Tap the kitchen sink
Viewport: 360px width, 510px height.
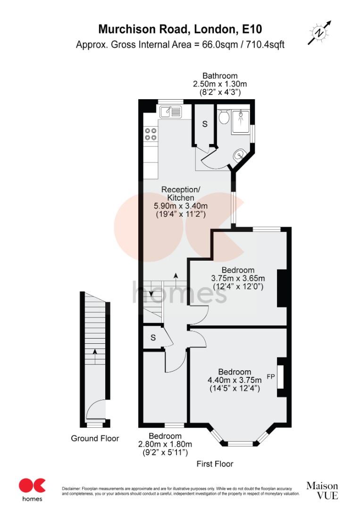pyautogui.click(x=170, y=112)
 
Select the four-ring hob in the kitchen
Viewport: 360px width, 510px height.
pyautogui.click(x=151, y=134)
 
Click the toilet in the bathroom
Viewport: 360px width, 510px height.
pyautogui.click(x=224, y=116)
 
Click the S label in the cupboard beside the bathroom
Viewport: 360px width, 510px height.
pyautogui.click(x=204, y=124)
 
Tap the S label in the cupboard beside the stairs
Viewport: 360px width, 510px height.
pyautogui.click(x=153, y=338)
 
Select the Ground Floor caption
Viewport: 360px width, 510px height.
pyautogui.click(x=95, y=438)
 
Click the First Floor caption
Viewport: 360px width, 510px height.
pyautogui.click(x=215, y=464)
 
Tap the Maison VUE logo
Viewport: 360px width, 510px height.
pyautogui.click(x=322, y=491)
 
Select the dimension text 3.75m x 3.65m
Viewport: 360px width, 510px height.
pyautogui.click(x=238, y=278)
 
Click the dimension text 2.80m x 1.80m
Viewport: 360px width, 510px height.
pyautogui.click(x=165, y=444)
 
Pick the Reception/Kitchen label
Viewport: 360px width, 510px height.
pyautogui.click(x=181, y=193)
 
